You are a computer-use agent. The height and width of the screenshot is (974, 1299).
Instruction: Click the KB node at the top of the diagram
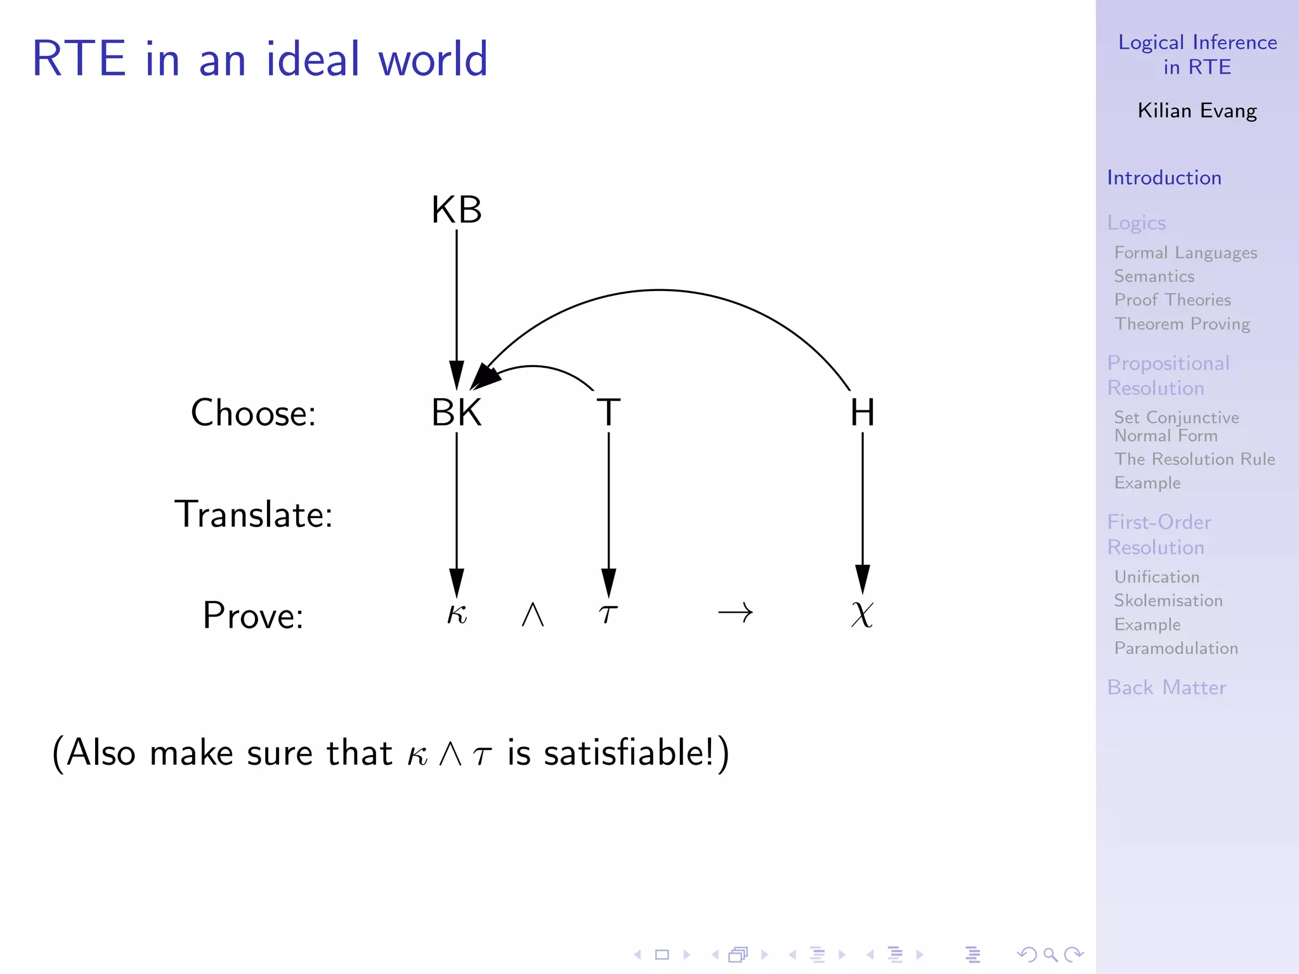(456, 210)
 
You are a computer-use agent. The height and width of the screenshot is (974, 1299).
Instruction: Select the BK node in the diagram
(456, 413)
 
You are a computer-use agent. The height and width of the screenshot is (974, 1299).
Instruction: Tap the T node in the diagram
(608, 413)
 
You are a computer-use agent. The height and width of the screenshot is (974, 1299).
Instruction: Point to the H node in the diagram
(862, 413)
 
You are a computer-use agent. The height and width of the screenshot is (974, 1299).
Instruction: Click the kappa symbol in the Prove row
(457, 614)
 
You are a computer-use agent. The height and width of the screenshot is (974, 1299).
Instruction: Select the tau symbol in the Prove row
(608, 614)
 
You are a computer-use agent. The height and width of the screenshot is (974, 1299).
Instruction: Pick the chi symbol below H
(862, 614)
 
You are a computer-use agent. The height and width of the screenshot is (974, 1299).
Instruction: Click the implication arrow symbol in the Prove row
(735, 613)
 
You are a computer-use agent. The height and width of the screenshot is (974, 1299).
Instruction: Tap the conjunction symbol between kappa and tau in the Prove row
(533, 614)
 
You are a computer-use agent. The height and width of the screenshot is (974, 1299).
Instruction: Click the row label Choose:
(253, 413)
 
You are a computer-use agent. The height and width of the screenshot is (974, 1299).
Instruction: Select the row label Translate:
(253, 514)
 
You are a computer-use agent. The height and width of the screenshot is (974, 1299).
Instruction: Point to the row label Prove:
(253, 615)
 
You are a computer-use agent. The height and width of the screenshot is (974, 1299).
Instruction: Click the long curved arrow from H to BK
(660, 290)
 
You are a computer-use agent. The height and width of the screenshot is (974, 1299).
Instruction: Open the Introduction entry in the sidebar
(1164, 178)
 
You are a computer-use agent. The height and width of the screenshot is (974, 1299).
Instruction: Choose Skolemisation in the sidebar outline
(1168, 601)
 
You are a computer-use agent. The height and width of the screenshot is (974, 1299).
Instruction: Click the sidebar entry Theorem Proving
(1182, 324)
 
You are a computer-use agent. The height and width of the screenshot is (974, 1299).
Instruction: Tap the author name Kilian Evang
(1197, 111)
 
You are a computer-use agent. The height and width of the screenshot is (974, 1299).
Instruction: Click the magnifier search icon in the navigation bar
(1050, 954)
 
